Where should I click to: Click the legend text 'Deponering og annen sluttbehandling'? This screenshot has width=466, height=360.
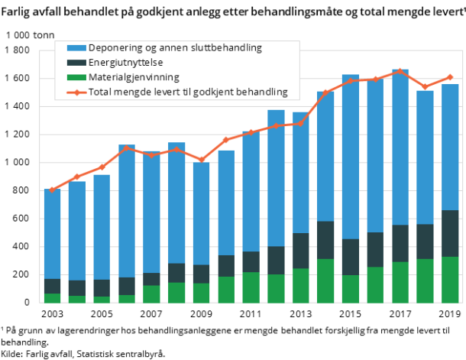click(x=175, y=47)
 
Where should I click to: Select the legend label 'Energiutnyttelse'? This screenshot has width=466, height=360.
click(x=125, y=63)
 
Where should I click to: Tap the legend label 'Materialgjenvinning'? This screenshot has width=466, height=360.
click(x=134, y=77)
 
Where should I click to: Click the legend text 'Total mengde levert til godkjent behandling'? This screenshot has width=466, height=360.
click(x=188, y=92)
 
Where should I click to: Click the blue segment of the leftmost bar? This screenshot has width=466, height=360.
click(x=52, y=233)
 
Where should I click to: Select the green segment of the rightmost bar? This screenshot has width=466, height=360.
click(x=450, y=280)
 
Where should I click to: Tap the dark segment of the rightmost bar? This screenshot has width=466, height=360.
click(x=450, y=233)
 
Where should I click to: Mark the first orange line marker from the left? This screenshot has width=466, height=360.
click(x=52, y=190)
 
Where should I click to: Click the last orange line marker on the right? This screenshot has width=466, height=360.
click(x=450, y=77)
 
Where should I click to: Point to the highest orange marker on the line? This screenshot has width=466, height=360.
click(x=400, y=71)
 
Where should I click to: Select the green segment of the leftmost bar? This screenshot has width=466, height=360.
click(x=52, y=298)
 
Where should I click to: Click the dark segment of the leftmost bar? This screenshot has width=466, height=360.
click(x=52, y=286)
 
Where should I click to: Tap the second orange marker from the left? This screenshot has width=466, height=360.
click(x=76, y=177)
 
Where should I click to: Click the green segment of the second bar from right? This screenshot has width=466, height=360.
click(x=425, y=281)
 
